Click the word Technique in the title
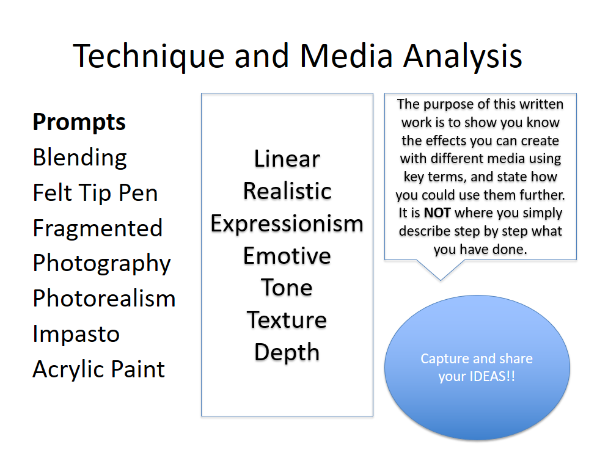coord(148,56)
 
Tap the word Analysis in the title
coord(463,56)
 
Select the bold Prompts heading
coord(79,123)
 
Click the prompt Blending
coord(80,158)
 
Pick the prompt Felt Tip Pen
coord(95,193)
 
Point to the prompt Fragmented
coord(98,228)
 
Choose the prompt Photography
coord(101,264)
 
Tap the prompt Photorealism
coord(104,298)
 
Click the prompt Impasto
coord(76,335)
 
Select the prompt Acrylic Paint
coord(98,369)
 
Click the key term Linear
coord(287,159)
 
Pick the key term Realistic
coord(287,191)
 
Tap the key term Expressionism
coord(287,223)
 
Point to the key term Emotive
coord(287,256)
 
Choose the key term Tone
coord(287,288)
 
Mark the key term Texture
coord(287,320)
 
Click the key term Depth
coord(287,353)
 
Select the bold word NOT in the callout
coord(438,213)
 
